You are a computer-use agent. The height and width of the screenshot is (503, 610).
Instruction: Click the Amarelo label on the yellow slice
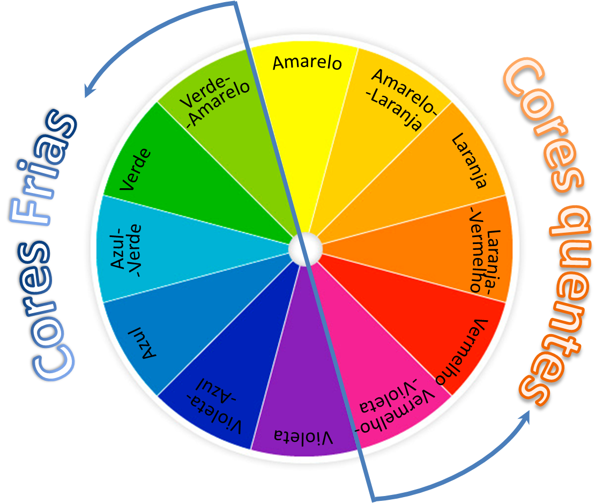pos(307,63)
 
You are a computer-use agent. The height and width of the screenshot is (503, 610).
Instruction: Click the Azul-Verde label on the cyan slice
pos(126,249)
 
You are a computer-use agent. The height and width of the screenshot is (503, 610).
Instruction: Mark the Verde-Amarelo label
pos(215,101)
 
